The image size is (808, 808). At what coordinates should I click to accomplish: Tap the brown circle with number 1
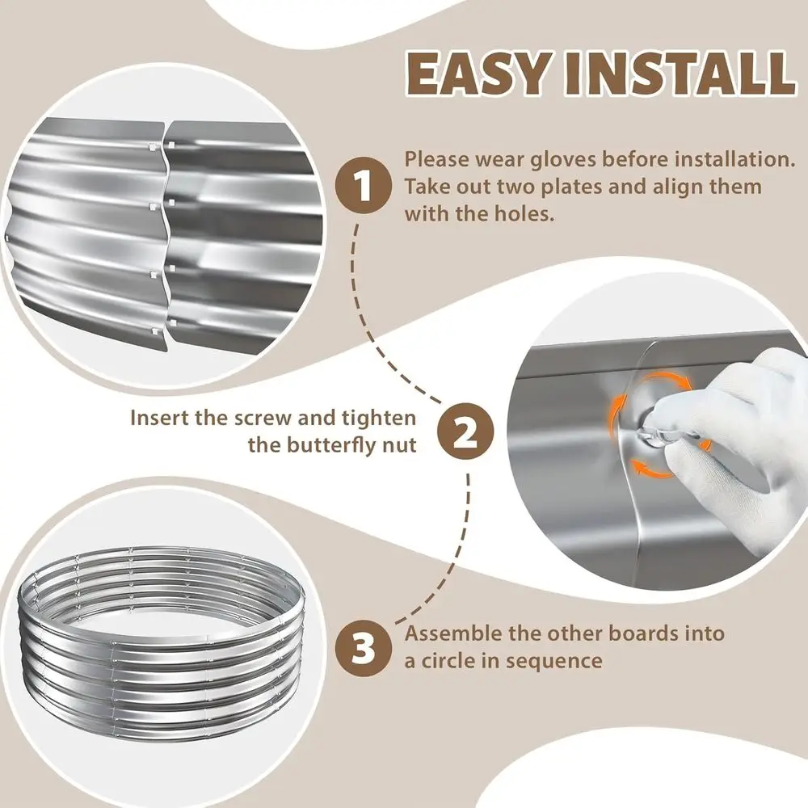point(364,186)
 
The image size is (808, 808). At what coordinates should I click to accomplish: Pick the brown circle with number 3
point(364,646)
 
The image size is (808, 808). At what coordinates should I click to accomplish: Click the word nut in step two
point(398,445)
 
